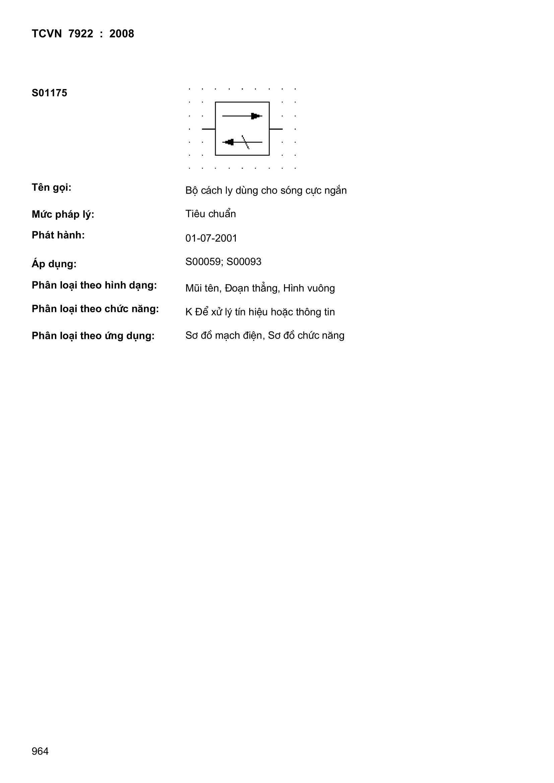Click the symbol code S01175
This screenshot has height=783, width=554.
click(50, 93)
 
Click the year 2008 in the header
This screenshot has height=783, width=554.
click(122, 34)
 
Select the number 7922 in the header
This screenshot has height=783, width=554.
click(80, 34)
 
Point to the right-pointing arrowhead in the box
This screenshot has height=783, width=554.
click(256, 116)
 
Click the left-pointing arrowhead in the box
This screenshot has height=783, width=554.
click(229, 142)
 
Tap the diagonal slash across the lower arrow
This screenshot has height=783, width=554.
click(246, 142)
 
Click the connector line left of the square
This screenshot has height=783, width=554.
click(208, 129)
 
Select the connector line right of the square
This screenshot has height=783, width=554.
click(276, 129)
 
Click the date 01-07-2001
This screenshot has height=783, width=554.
click(211, 238)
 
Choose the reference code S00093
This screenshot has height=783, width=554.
click(244, 262)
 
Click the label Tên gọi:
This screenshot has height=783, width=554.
click(52, 188)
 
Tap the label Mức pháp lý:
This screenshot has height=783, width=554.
click(63, 215)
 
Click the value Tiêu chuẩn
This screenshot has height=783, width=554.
click(210, 214)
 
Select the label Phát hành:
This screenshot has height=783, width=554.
click(58, 235)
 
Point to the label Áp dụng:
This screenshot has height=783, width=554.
click(54, 264)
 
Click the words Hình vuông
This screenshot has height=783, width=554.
click(309, 288)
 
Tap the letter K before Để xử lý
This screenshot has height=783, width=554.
click(189, 312)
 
